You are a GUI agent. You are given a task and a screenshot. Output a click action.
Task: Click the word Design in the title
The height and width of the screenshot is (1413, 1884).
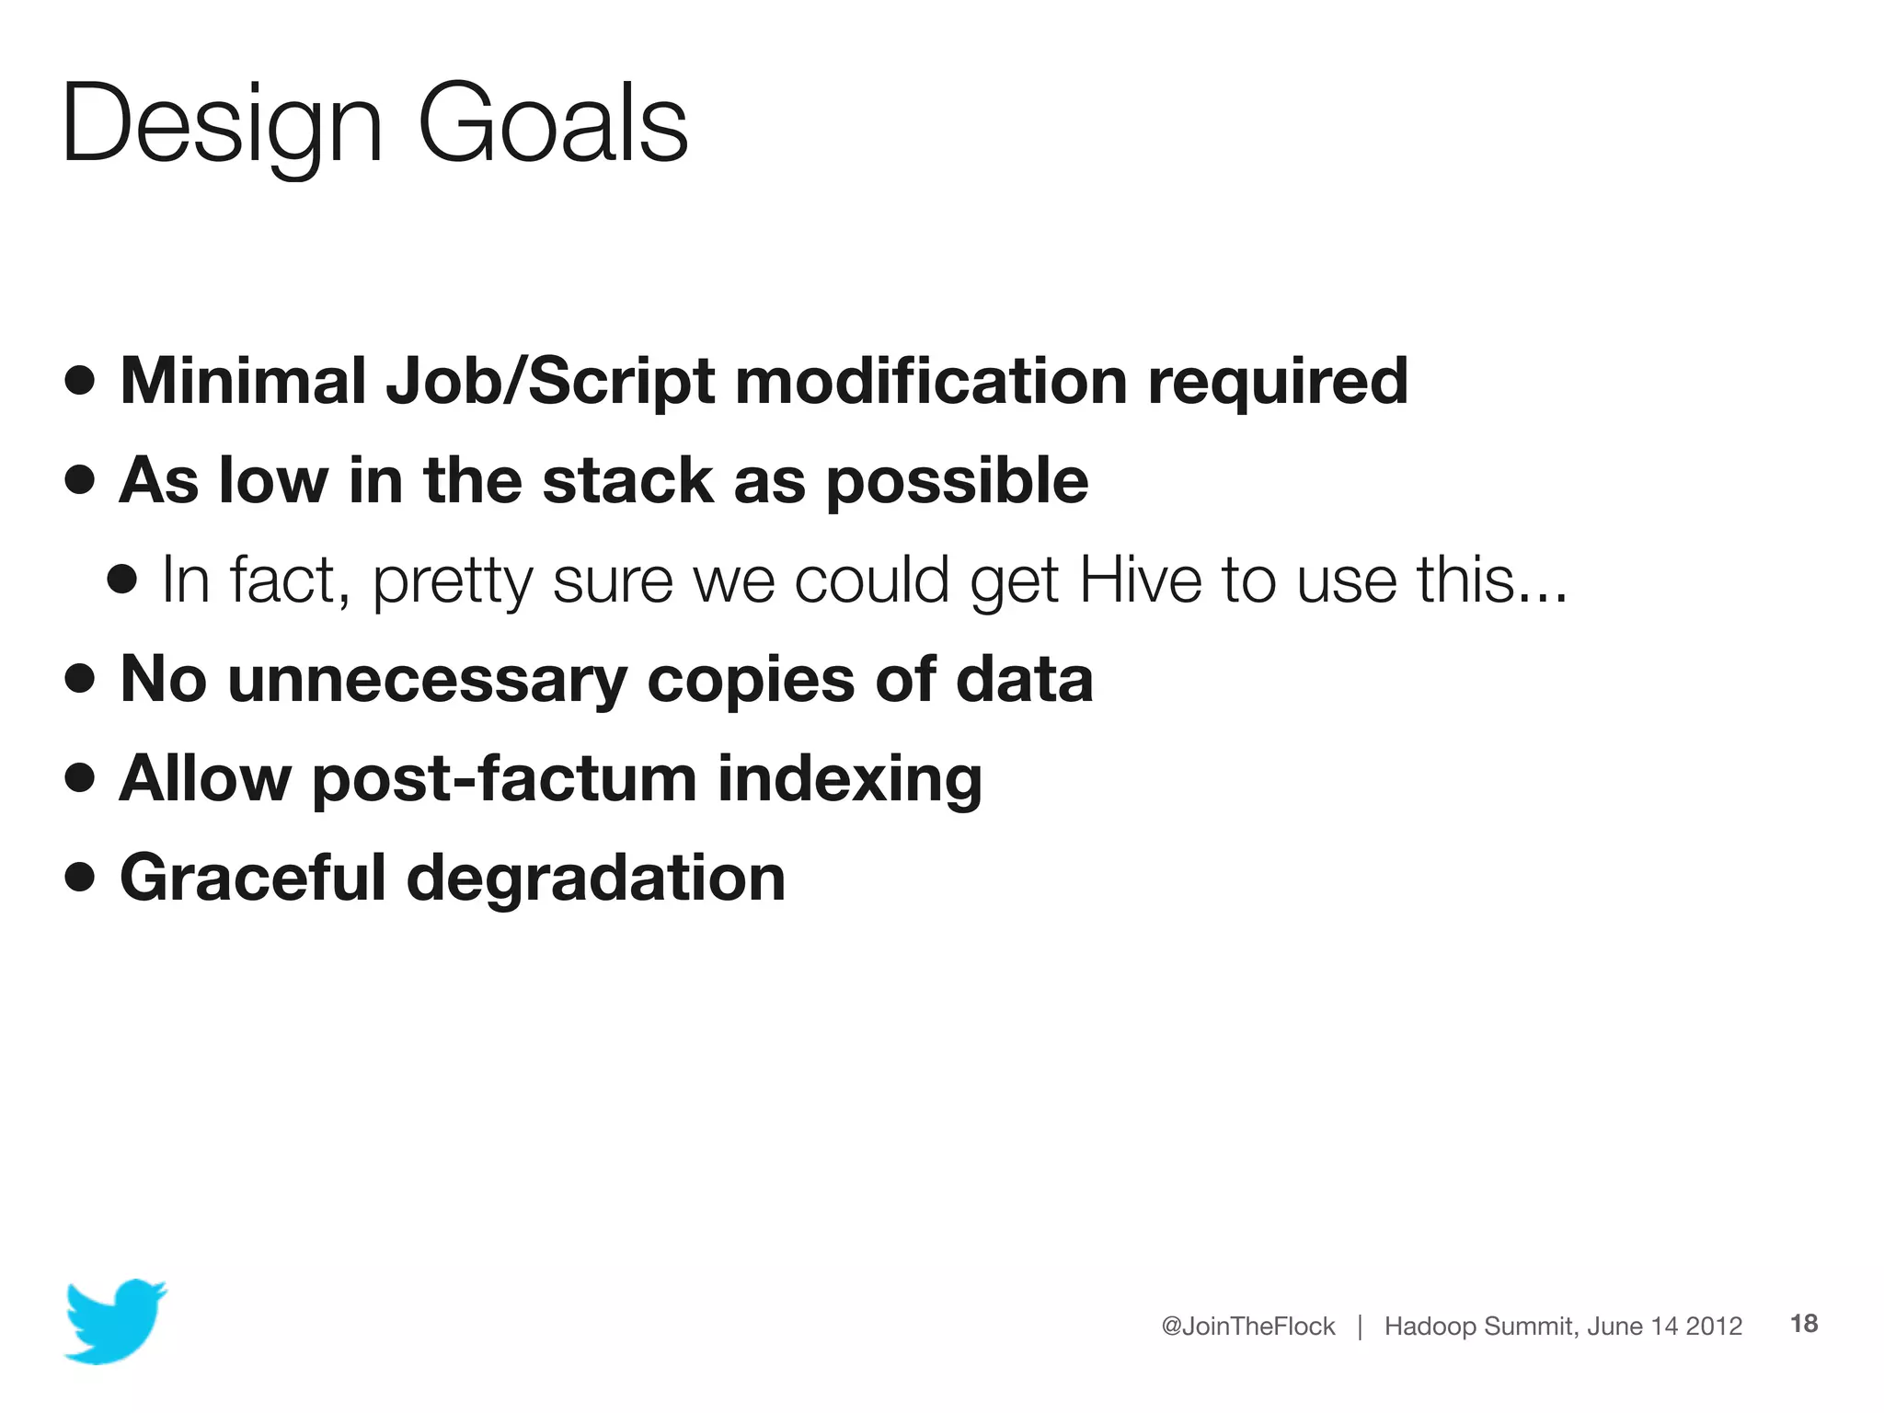coord(221,124)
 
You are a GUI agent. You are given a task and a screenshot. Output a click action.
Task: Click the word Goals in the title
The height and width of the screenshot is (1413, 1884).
coord(552,124)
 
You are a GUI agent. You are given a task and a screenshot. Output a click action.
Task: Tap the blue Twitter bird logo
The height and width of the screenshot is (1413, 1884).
coord(115,1321)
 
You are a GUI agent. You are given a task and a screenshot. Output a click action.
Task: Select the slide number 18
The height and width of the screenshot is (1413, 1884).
coord(1803,1324)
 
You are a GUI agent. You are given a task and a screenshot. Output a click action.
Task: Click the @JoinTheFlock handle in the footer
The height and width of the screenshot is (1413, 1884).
coord(1247,1326)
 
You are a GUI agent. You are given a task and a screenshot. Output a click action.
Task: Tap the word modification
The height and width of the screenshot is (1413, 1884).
coord(931,380)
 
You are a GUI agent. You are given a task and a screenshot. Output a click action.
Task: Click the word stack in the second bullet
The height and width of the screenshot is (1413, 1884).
coord(627,480)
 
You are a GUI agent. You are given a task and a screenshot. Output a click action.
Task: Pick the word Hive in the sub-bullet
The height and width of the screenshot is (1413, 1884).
coord(1140,580)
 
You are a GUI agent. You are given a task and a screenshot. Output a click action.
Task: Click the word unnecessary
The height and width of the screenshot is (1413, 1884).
coord(428,680)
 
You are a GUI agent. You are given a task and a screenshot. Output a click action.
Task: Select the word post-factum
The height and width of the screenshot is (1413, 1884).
coord(504,779)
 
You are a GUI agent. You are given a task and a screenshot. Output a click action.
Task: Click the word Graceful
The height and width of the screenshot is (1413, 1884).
coord(252,878)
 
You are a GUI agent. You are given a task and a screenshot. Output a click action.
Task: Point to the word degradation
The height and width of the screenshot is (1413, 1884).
coord(595,878)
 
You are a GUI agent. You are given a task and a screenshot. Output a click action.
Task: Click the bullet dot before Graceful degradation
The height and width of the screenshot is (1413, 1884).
coord(80,877)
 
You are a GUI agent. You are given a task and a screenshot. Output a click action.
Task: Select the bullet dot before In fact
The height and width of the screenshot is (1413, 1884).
coord(121,580)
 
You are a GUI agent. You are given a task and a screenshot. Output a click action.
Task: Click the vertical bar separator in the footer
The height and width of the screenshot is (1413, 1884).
coord(1360,1326)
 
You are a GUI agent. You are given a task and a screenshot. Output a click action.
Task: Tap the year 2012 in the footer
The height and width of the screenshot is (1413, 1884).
coord(1714,1326)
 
